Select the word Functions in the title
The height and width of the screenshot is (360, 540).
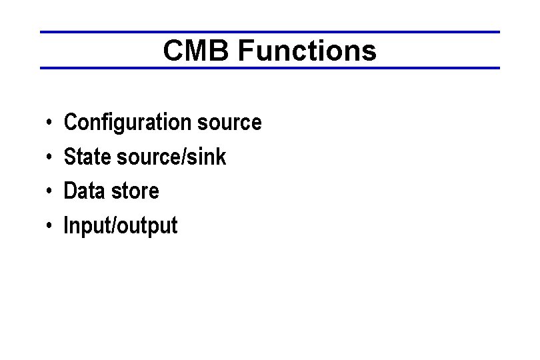coord(307,51)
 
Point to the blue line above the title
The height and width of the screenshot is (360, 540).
coord(269,32)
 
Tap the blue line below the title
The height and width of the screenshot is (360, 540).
coord(269,68)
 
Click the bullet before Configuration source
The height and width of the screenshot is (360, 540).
coord(50,123)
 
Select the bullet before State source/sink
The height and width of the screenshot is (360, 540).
coord(50,158)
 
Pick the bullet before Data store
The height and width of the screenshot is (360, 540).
coord(50,192)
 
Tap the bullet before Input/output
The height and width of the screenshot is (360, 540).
coord(50,227)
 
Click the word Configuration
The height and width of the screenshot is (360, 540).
coord(127,123)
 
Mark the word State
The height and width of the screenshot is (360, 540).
coord(87,157)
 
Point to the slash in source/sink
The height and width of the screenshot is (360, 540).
coord(187,157)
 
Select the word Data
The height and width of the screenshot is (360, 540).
coord(84,191)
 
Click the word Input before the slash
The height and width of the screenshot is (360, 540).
coord(87,226)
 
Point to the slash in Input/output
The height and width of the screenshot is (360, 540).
coord(117,226)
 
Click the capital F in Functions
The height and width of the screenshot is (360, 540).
coord(245,51)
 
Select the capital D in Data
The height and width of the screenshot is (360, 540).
coord(69,191)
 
